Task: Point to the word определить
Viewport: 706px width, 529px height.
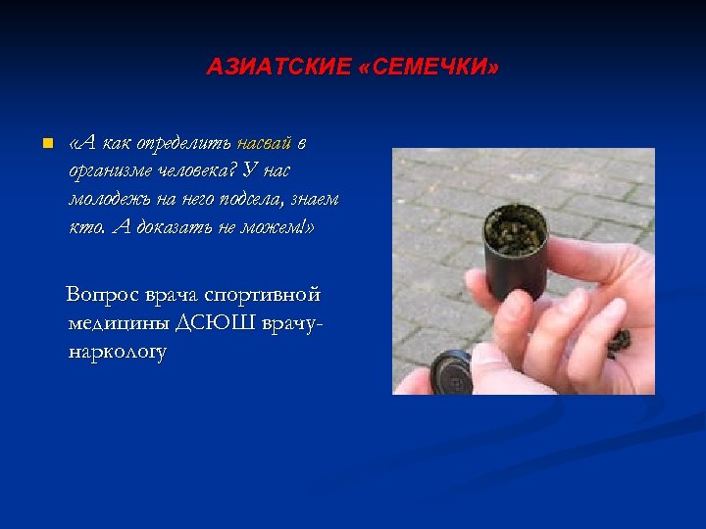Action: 184,143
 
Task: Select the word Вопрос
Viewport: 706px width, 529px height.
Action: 101,295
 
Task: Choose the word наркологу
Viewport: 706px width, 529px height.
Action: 118,352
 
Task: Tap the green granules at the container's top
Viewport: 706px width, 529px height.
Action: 510,231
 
